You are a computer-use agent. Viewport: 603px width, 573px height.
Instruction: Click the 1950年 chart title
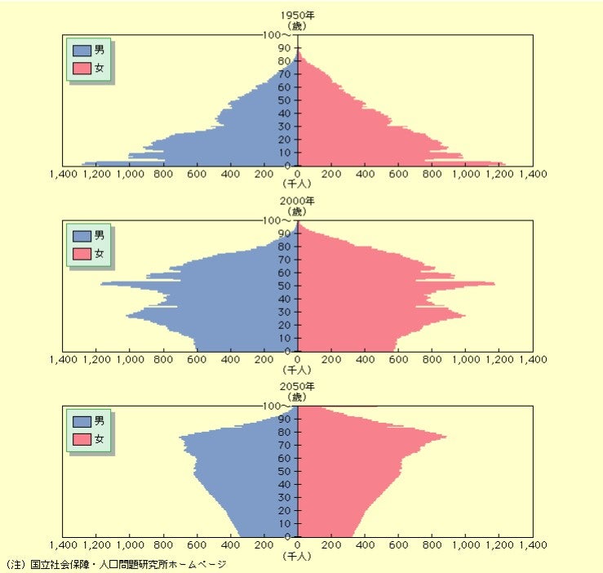pos(298,16)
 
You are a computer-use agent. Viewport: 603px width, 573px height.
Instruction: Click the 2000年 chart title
pos(298,201)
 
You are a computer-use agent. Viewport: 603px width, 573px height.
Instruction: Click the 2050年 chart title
pos(298,386)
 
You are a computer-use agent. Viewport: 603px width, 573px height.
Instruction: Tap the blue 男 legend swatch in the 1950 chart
pos(82,51)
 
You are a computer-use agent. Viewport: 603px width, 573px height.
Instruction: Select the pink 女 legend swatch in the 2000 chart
pos(82,253)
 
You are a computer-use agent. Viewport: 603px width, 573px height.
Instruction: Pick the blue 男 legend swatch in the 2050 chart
pos(82,421)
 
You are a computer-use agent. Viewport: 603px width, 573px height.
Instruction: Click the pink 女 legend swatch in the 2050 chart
pos(82,438)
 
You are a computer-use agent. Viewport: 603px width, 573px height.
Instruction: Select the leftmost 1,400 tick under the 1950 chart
pos(63,174)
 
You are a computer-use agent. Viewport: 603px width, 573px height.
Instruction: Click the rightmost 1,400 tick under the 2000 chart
pos(533,359)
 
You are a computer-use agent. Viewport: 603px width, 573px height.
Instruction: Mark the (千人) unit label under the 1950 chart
pos(298,185)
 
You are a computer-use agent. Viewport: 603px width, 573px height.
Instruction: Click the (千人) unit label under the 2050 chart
pos(298,556)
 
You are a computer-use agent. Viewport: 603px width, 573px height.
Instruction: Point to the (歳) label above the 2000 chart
pos(298,211)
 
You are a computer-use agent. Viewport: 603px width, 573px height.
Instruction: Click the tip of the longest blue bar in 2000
pos(101,284)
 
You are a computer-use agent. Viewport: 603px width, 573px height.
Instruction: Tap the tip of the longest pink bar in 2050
pos(446,438)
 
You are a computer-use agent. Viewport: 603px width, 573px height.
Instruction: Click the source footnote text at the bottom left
pos(115,564)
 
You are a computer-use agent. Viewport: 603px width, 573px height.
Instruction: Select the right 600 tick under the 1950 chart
pos(398,174)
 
